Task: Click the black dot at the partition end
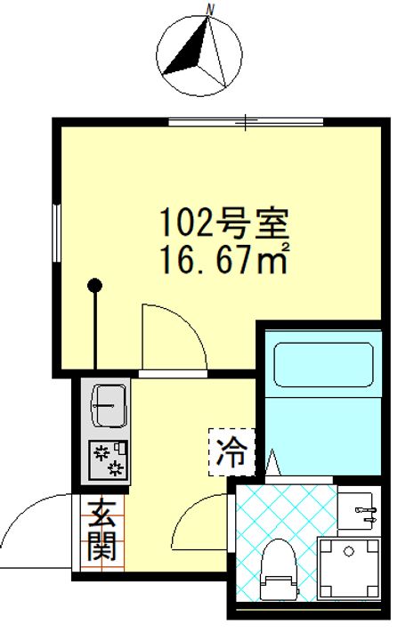(x=94, y=287)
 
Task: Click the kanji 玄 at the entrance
(x=101, y=514)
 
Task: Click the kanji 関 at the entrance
(x=101, y=547)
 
